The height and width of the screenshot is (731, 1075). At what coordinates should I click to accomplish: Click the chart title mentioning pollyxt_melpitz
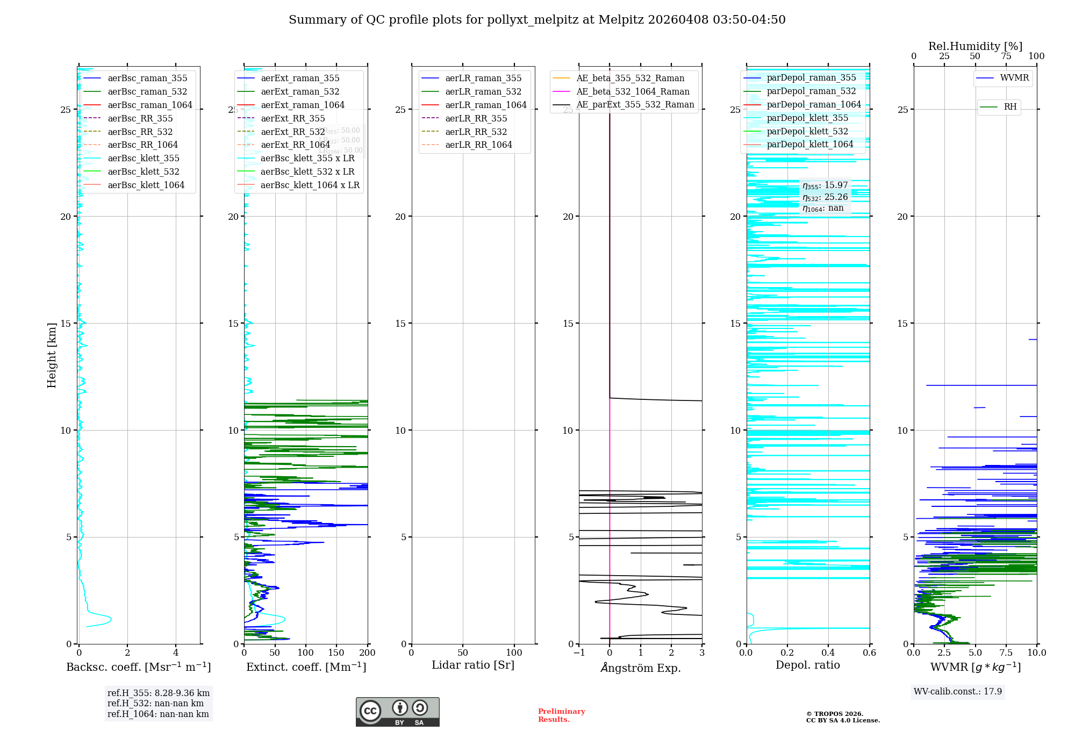[537, 20]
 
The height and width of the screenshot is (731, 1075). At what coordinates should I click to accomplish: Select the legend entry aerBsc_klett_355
[143, 158]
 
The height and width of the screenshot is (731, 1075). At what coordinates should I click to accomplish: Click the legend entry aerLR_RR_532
[476, 132]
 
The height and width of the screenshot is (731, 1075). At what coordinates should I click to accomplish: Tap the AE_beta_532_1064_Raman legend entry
[633, 91]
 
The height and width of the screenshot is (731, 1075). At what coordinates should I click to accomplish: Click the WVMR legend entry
[1014, 78]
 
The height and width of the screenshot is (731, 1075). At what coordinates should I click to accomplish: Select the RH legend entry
[1010, 107]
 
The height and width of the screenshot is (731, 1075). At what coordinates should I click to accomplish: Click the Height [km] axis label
[52, 355]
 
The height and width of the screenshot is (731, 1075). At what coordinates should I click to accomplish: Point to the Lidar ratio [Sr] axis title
[473, 665]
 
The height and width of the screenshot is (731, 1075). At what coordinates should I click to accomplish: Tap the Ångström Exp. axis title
[640, 668]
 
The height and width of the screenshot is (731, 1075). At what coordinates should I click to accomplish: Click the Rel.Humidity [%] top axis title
[975, 46]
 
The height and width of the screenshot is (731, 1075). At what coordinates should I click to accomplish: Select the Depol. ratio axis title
[807, 665]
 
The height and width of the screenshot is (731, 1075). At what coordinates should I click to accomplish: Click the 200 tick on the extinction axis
[368, 653]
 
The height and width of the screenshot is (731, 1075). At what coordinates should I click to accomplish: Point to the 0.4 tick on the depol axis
[828, 653]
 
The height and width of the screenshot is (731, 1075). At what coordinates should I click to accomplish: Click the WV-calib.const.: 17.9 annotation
[958, 691]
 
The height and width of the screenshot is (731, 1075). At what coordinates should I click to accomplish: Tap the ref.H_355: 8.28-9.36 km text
[158, 693]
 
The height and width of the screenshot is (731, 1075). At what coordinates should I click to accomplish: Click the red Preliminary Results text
[561, 715]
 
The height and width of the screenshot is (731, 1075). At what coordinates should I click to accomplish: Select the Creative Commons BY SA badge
[397, 712]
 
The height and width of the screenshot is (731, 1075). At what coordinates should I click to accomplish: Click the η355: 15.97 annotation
[825, 185]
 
